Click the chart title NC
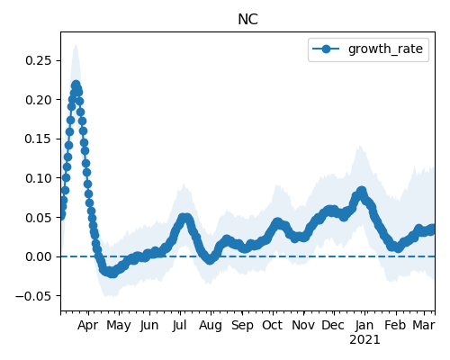tap(247, 20)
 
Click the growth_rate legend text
tap(385, 49)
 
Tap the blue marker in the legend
tap(326, 49)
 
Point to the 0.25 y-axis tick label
tap(39, 60)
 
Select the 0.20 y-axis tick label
tap(39, 100)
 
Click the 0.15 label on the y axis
tap(39, 139)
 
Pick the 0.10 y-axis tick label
tap(39, 178)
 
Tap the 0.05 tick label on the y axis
tap(39, 218)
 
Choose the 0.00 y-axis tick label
tap(39, 256)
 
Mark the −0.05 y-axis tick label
tap(34, 296)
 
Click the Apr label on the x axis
tap(87, 326)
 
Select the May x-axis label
tap(119, 326)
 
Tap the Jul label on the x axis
tap(180, 325)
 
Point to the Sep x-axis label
tap(242, 326)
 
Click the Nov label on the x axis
tap(303, 325)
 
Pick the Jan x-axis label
tap(364, 325)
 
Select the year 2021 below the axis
tap(364, 340)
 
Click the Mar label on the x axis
tap(424, 325)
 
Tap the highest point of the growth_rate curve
tap(76, 85)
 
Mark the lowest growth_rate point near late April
tap(112, 274)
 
